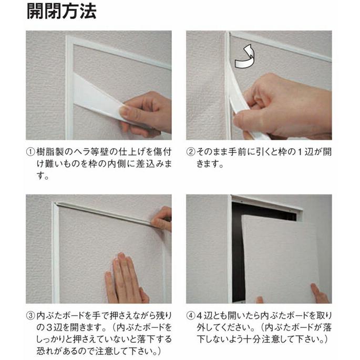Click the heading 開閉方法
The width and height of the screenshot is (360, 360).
[61, 12]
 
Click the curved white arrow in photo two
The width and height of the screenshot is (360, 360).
[244, 57]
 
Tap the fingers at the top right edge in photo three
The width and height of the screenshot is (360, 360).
[163, 219]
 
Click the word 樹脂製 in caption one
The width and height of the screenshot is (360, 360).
[49, 152]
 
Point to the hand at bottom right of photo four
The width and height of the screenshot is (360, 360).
[318, 294]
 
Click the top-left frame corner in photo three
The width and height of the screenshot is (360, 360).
[54, 205]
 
